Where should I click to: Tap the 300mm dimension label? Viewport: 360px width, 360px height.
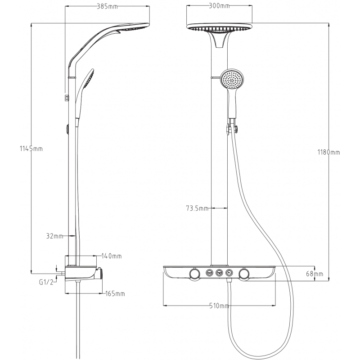click(219, 5)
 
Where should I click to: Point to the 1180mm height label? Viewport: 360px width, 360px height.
click(328, 153)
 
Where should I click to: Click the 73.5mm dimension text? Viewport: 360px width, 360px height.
click(197, 208)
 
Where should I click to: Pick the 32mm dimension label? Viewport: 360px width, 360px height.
click(54, 235)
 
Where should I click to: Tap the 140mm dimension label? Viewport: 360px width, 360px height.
click(112, 256)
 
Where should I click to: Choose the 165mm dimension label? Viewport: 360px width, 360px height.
click(115, 294)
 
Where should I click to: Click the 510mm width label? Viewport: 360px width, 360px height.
click(219, 306)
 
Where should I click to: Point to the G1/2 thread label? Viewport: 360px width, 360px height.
click(46, 282)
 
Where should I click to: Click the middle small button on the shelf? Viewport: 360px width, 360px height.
click(219, 272)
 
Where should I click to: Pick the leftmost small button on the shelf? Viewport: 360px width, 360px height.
click(209, 272)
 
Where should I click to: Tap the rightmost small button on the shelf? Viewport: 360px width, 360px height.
click(229, 272)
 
